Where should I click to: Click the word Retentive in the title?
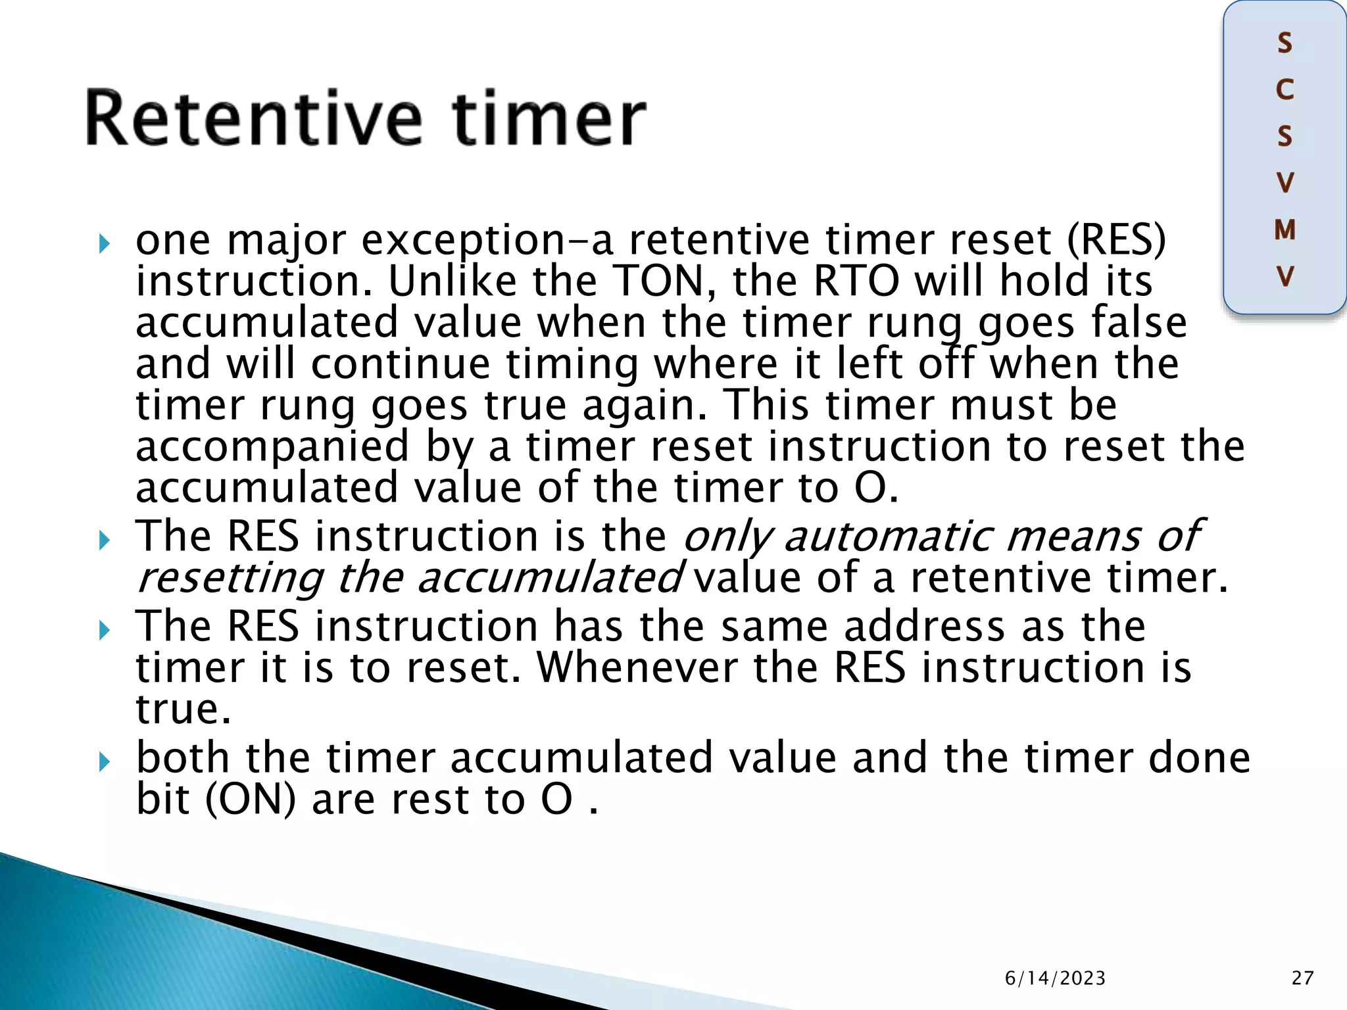tap(253, 118)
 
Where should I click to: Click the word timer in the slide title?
tap(550, 118)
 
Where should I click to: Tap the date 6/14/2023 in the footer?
tap(1055, 978)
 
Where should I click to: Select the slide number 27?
tap(1302, 978)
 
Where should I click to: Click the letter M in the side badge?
tap(1285, 230)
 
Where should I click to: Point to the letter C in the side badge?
tap(1285, 90)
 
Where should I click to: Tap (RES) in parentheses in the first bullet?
tap(1115, 240)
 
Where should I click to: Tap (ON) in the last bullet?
tap(251, 800)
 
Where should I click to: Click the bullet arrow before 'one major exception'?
tap(104, 245)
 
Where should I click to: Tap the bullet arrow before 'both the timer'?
tap(104, 763)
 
